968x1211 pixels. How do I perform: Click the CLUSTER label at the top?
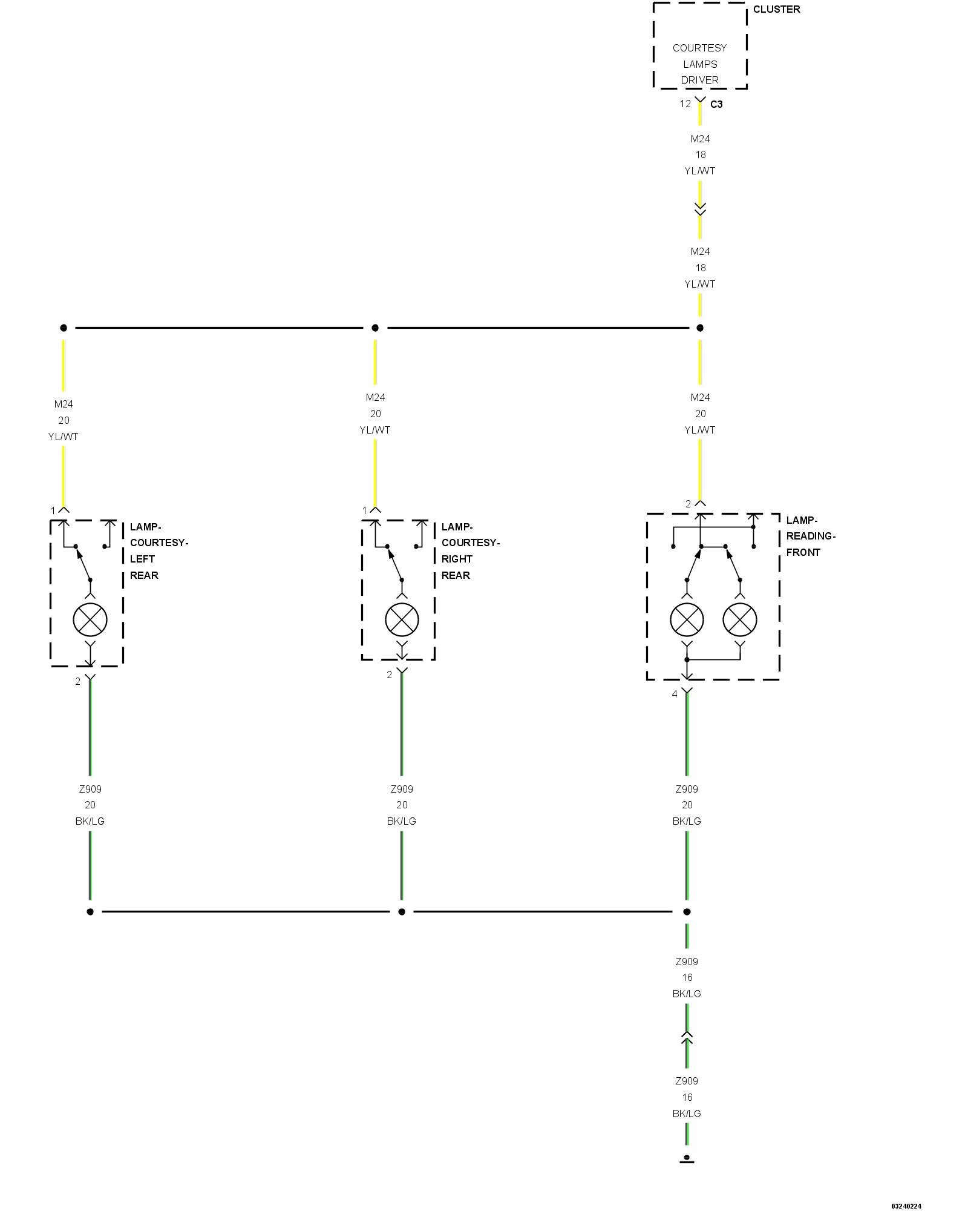pos(776,9)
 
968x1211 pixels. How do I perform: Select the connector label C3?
pos(716,104)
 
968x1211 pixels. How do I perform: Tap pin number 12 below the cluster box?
pos(685,104)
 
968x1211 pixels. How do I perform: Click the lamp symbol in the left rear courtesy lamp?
pos(90,619)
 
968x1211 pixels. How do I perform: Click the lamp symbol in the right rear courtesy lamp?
pos(402,619)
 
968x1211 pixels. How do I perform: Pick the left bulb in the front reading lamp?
pos(687,619)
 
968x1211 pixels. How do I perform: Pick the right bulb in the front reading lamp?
pos(740,619)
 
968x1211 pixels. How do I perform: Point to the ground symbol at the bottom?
pos(687,1159)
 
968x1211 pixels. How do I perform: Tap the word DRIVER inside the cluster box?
pos(700,80)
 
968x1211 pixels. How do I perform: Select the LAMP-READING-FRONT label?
pos(811,536)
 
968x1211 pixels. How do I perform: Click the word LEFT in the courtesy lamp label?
pos(142,559)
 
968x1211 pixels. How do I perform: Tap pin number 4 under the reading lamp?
pos(675,694)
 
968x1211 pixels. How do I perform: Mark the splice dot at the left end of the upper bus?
pos(64,328)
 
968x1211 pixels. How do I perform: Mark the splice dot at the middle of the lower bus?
pos(402,911)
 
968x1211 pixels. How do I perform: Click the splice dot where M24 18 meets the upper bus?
pos(700,328)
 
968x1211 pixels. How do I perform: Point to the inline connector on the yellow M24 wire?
pos(700,210)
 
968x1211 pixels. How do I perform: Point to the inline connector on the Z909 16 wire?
pos(687,1038)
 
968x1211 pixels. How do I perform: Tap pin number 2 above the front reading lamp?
pos(688,504)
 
